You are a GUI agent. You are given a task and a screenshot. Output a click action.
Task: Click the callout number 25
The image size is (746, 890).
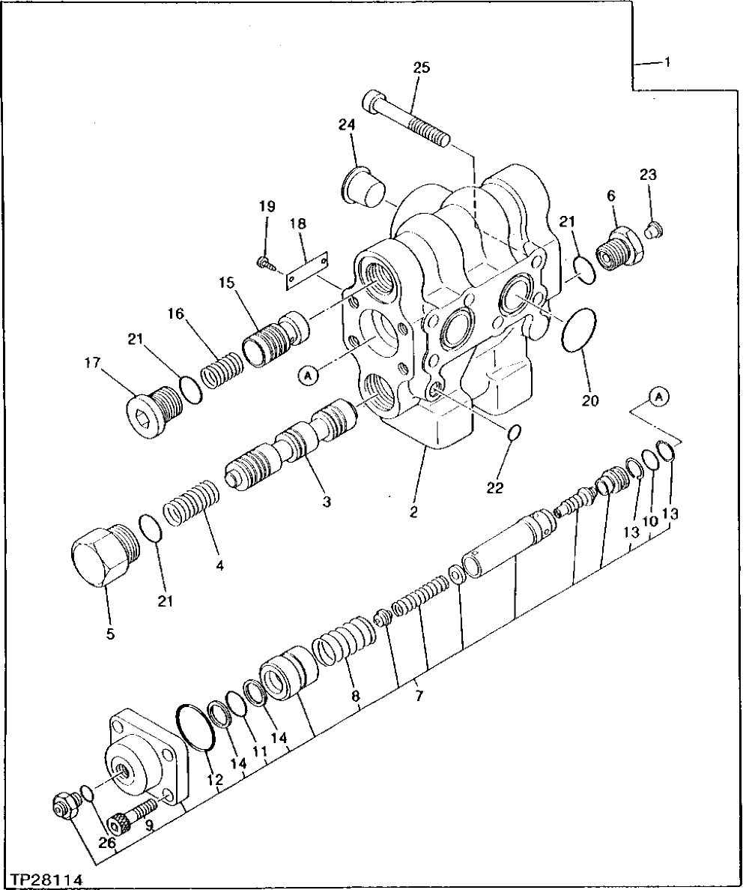[422, 68]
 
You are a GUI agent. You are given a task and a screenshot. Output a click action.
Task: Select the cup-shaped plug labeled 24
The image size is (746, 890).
[362, 184]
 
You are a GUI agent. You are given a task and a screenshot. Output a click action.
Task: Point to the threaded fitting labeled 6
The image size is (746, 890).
[619, 248]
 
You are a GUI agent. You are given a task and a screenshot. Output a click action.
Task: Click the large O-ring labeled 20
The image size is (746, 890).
[579, 328]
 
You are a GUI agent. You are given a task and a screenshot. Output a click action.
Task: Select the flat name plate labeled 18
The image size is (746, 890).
[308, 268]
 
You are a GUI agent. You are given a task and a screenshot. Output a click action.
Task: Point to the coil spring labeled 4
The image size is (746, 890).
[192, 505]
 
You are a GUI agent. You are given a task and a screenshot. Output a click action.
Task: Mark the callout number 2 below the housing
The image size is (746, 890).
[413, 513]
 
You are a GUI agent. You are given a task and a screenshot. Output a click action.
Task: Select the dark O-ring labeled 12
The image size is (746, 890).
[197, 727]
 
